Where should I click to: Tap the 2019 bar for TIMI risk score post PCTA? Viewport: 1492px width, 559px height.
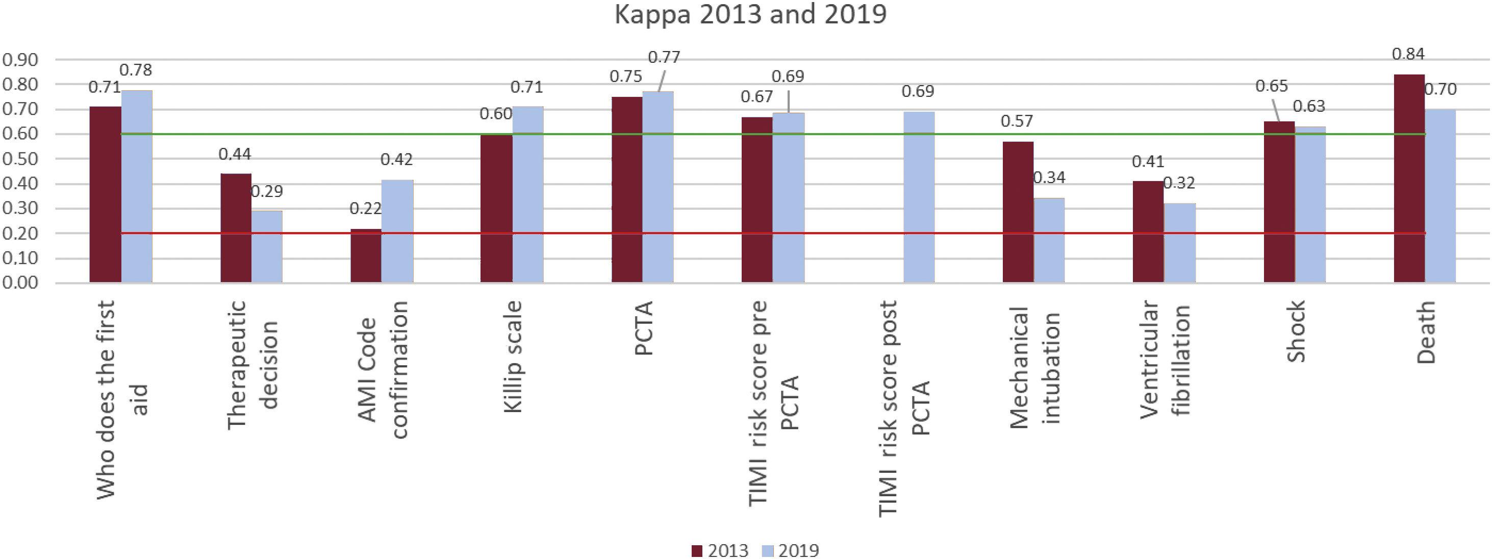coord(919,197)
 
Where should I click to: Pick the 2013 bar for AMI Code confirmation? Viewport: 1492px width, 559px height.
coord(366,256)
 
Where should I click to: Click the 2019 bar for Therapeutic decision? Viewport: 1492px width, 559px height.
coord(266,246)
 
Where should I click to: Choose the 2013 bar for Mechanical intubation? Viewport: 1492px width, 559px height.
coord(1018,212)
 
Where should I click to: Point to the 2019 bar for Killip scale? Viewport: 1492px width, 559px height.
coord(527,195)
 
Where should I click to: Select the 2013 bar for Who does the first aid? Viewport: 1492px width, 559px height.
coord(106,195)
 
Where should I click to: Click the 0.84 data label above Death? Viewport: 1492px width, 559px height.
coord(1408,54)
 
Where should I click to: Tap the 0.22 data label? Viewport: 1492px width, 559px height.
coord(365,209)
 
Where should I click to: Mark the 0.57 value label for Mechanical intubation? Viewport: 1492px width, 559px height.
coord(1017,121)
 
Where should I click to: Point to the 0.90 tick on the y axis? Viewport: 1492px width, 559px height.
coord(20,60)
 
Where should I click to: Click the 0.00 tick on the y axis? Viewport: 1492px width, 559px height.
coord(20,283)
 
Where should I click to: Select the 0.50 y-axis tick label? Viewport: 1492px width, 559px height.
coord(20,159)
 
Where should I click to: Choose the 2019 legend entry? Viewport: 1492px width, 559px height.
coord(791,550)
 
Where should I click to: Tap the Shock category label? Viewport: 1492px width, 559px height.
coord(1296,332)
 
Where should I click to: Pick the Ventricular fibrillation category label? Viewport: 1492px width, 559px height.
coord(1165,360)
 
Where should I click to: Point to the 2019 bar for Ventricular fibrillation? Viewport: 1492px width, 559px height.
coord(1180,243)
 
